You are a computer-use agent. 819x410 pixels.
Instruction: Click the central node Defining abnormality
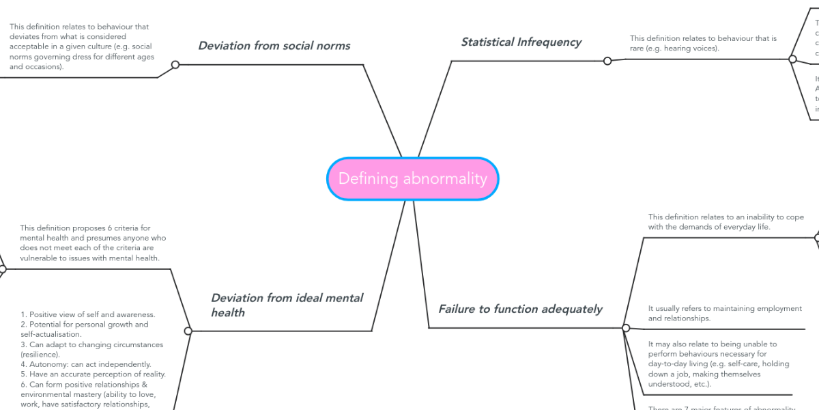click(x=412, y=179)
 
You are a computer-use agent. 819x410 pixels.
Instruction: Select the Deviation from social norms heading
click(x=274, y=46)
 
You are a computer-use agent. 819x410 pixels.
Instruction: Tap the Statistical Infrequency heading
click(x=521, y=42)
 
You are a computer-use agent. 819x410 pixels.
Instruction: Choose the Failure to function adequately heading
click(x=520, y=309)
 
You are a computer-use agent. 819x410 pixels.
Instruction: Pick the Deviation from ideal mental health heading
click(x=287, y=305)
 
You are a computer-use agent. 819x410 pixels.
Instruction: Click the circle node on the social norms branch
click(x=175, y=65)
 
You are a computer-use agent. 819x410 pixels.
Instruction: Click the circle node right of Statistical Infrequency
click(x=607, y=61)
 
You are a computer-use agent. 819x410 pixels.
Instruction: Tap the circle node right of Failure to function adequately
click(x=626, y=328)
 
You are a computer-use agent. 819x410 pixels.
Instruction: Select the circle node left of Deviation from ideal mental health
click(x=188, y=331)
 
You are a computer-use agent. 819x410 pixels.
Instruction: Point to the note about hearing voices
click(x=703, y=43)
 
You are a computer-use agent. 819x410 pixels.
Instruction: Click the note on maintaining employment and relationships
click(x=724, y=313)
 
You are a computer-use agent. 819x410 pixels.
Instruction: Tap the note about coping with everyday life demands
click(x=725, y=222)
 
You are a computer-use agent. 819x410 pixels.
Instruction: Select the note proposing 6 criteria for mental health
click(x=93, y=243)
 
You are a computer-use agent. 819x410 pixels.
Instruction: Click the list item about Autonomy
click(x=86, y=364)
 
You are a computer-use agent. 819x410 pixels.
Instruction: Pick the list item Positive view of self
click(x=88, y=314)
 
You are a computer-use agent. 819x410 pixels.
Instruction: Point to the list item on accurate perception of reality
click(x=93, y=374)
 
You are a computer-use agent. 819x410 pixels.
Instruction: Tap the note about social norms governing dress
click(x=81, y=46)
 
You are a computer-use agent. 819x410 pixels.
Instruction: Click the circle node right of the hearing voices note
click(x=792, y=59)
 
